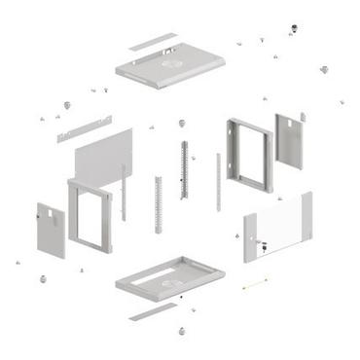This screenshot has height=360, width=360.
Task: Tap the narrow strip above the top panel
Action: pos(153,42)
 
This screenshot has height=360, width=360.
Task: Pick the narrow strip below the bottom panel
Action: pos(153,312)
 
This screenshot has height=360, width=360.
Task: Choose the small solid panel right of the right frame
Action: pos(290,141)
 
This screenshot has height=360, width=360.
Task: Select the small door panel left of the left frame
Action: pos(51,230)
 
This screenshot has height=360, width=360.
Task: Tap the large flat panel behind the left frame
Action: pos(102,156)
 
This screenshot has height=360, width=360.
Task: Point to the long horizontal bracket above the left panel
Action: pos(84,128)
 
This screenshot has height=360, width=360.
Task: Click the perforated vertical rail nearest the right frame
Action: pos(183,168)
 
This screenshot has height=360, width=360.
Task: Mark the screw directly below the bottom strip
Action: pos(180,332)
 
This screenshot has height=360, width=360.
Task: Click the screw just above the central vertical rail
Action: pos(182,124)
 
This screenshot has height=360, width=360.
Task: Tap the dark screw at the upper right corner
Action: pos(324,69)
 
